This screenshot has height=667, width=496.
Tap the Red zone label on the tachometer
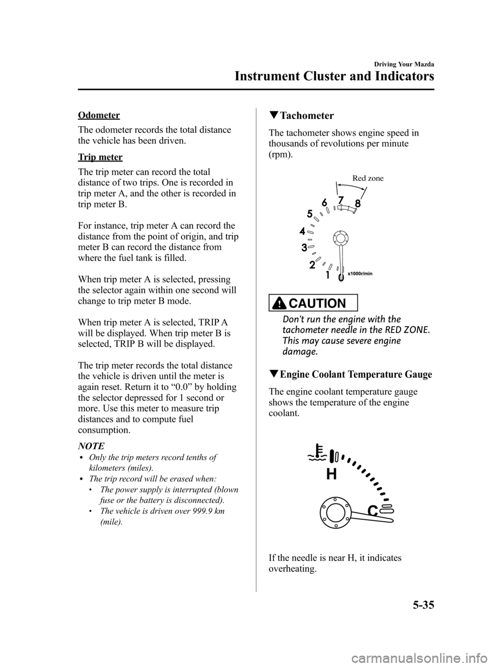(368, 178)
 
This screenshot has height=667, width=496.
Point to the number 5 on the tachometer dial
(309, 213)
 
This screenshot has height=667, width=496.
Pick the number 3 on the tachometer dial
(304, 248)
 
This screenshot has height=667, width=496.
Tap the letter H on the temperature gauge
(331, 473)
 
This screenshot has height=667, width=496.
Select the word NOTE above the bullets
(91, 445)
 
